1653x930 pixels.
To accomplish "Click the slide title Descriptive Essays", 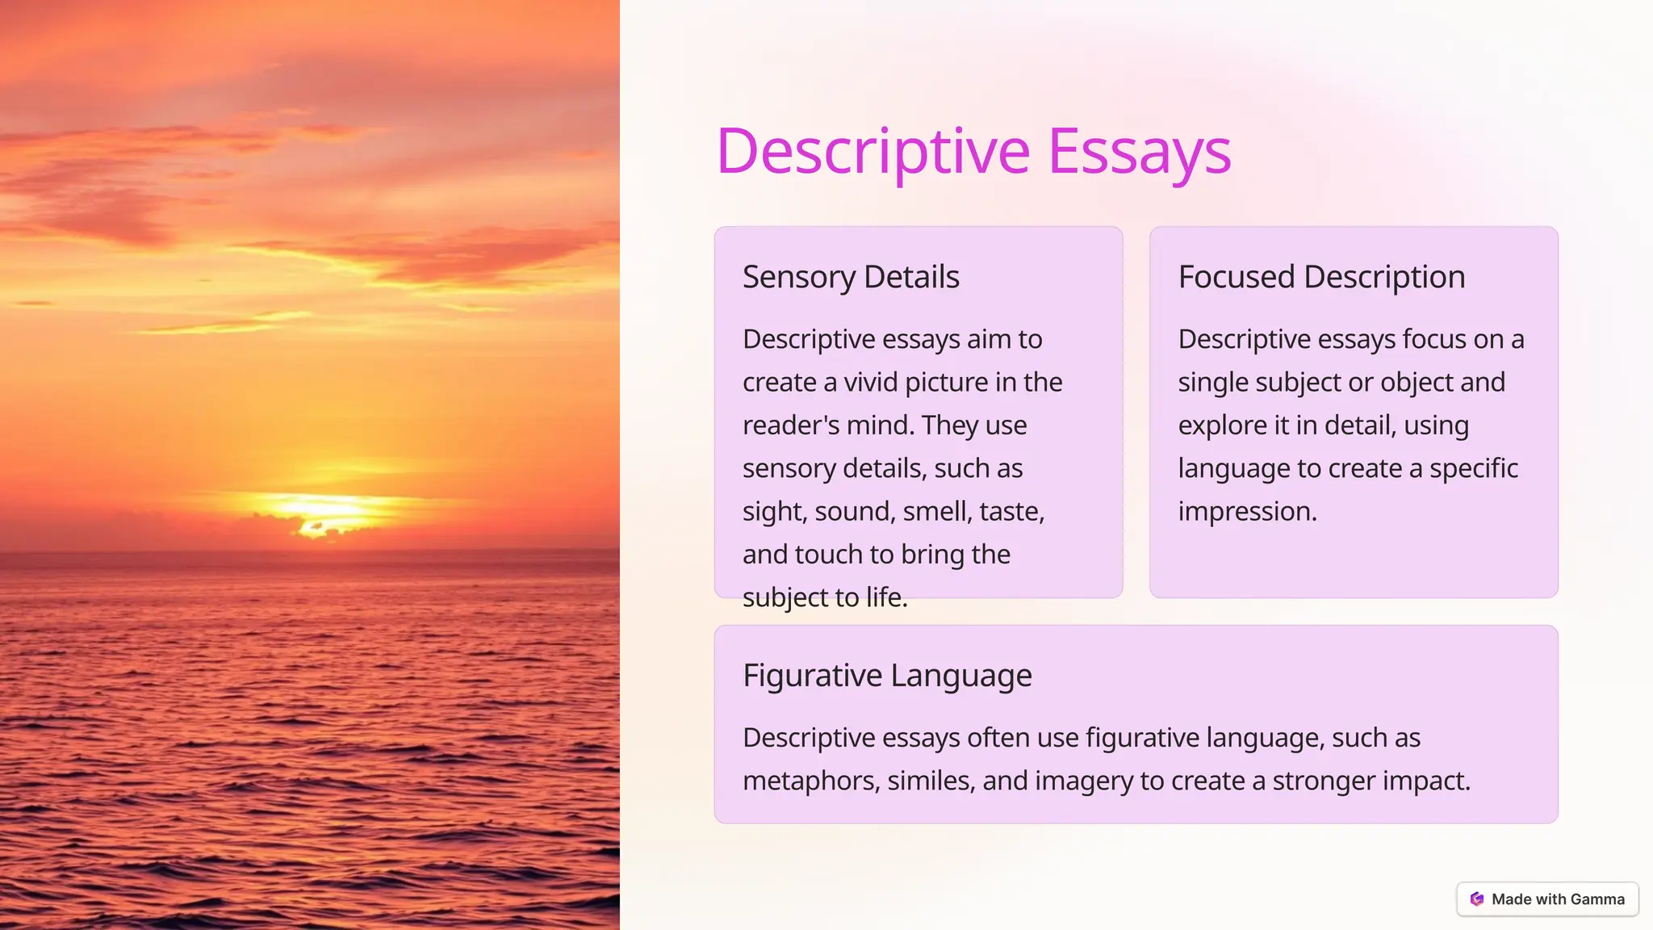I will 973,152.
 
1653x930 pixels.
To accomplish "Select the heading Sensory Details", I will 851,277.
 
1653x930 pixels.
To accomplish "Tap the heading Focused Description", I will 1321,277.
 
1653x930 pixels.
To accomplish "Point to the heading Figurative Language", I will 887,675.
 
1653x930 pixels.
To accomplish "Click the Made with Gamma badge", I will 1547,899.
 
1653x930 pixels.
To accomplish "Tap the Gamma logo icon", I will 1477,899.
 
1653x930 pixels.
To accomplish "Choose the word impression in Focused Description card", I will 1247,511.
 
